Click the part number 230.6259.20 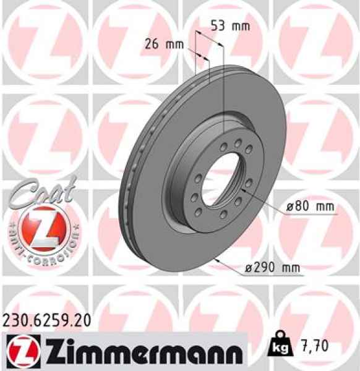(48, 320)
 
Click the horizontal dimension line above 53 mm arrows (209, 37)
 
